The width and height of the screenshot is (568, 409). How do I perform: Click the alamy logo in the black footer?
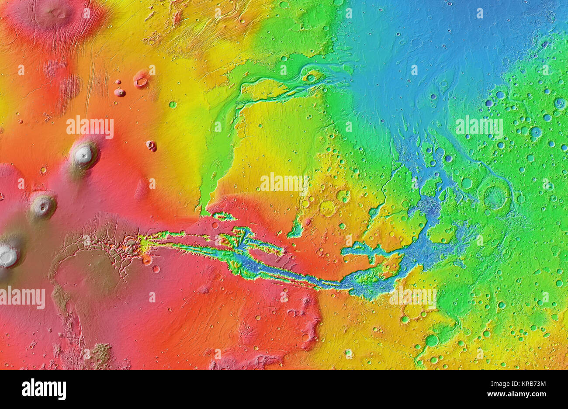[x=44, y=389]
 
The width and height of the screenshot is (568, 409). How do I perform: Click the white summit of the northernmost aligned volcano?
[x=83, y=154]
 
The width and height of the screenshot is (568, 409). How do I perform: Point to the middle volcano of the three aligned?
[x=42, y=205]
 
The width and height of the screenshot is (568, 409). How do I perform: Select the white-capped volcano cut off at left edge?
[x=7, y=256]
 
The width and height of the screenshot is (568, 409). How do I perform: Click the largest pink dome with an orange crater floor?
[x=141, y=80]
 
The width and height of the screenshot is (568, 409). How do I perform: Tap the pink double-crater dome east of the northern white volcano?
[x=151, y=146]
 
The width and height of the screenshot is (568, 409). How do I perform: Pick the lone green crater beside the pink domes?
[x=173, y=104]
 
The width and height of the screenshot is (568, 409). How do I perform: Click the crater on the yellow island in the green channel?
[x=311, y=78]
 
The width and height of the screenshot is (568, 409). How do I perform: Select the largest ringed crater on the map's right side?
[x=495, y=196]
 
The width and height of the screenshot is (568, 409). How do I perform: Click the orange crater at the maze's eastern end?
[x=147, y=260]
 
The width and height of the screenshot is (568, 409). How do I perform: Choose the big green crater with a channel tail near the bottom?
[x=431, y=340]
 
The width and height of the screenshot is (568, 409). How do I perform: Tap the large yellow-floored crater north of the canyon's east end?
[x=327, y=208]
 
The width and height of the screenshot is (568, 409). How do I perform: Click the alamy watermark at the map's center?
[x=284, y=183]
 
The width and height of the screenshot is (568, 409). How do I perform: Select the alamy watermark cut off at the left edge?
[x=22, y=298]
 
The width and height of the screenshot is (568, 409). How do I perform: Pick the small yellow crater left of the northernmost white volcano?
[x=44, y=169]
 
